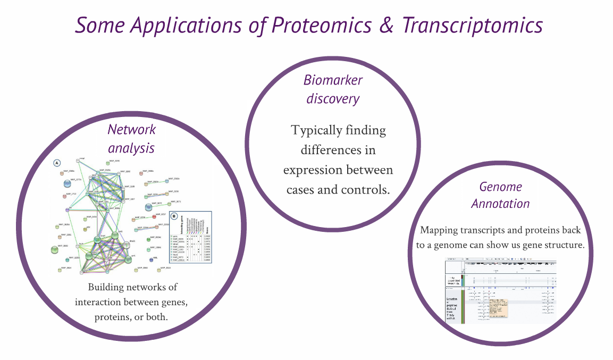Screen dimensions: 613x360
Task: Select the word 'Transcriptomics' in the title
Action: tap(472, 25)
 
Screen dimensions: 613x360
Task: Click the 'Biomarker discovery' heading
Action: tap(333, 89)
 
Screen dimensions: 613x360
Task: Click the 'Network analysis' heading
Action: tap(131, 138)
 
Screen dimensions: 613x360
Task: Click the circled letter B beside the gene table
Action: tap(174, 216)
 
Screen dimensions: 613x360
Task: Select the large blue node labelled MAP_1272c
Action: tap(68, 184)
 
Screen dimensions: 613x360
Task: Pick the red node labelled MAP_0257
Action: tap(154, 216)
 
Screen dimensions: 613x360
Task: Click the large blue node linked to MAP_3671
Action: tap(149, 207)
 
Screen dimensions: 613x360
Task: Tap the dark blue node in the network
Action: tap(68, 259)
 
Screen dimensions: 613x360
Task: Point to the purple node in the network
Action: tap(68, 210)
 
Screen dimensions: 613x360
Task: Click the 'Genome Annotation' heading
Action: tap(500, 195)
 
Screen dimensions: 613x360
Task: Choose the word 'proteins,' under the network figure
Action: tap(113, 317)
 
